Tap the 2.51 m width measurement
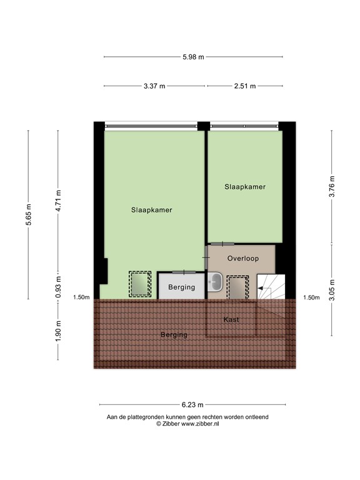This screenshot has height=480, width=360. [245, 86]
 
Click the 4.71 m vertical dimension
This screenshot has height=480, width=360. [58, 201]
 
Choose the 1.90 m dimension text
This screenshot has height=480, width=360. [58, 329]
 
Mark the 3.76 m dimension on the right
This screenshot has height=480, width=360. [332, 187]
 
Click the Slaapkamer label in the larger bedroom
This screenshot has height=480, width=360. [151, 210]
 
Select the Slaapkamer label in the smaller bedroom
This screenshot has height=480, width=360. [245, 186]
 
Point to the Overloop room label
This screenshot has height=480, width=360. [242, 258]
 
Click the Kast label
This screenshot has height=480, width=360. [231, 320]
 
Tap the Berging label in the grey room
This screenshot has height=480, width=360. [182, 287]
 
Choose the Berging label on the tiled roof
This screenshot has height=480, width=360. [174, 335]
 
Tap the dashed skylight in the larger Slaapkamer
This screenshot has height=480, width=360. [140, 282]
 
